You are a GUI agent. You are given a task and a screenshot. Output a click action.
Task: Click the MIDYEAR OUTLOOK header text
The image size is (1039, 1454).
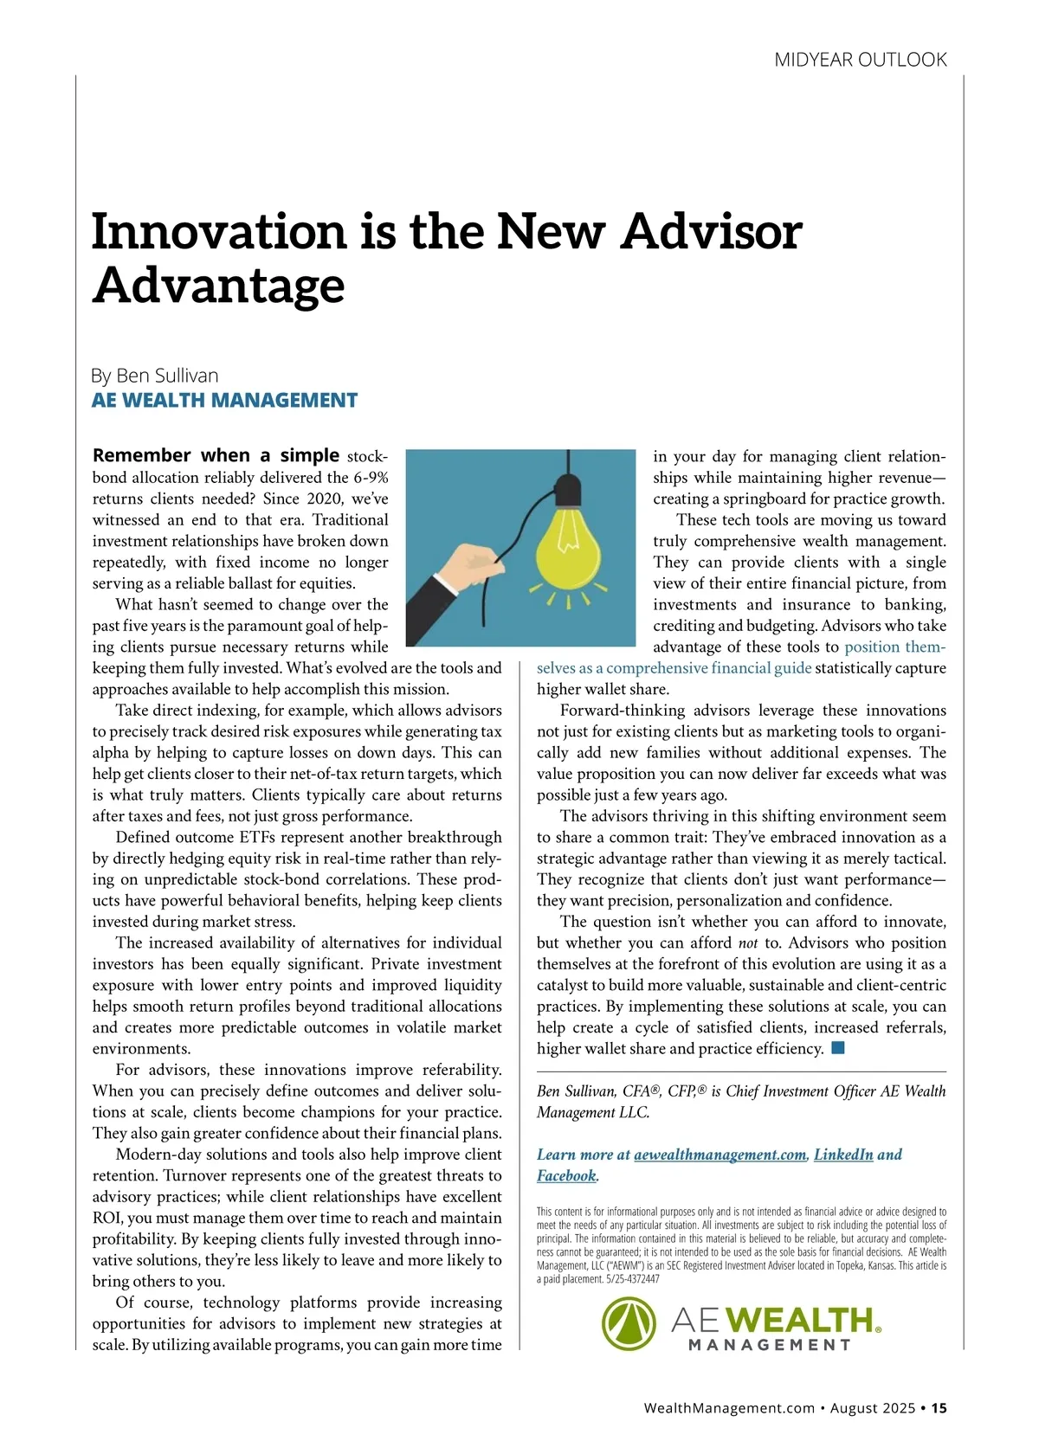tap(860, 60)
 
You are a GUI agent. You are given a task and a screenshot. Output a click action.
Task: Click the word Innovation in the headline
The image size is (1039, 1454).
tap(220, 232)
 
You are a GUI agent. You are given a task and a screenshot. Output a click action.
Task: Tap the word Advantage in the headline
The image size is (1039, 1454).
tap(218, 285)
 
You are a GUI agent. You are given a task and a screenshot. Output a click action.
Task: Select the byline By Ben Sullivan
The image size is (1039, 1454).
tap(155, 376)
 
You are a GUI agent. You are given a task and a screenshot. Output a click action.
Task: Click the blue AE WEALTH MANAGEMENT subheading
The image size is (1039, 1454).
tap(224, 400)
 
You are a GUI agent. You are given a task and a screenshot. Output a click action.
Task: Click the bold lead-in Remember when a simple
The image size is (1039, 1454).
tap(216, 455)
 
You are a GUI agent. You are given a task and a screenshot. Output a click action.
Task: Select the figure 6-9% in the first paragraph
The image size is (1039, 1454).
tap(370, 478)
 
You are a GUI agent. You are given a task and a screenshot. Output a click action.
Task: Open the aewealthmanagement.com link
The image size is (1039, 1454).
tap(720, 1155)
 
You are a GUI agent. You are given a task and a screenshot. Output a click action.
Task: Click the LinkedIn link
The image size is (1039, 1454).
tap(843, 1155)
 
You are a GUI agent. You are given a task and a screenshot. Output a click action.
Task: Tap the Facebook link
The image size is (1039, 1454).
tap(566, 1175)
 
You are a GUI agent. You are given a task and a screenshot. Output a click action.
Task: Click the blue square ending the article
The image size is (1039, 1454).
tap(837, 1048)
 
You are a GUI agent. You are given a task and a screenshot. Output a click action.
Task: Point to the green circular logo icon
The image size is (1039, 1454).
tap(629, 1323)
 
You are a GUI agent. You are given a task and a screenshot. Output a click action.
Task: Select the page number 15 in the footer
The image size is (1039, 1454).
tap(940, 1408)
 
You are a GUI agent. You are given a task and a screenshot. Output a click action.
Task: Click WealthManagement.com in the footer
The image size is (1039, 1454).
tap(729, 1408)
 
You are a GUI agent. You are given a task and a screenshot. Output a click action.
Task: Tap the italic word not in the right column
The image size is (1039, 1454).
tap(748, 943)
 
